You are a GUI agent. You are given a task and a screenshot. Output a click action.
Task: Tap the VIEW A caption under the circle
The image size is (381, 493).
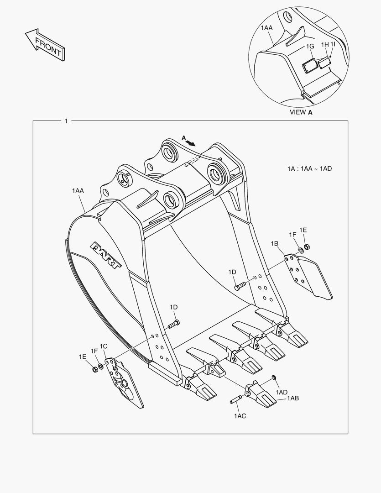tap(301, 112)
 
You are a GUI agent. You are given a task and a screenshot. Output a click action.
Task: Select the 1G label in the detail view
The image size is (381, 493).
tap(310, 47)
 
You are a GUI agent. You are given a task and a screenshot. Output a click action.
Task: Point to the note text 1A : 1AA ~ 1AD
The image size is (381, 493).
tap(309, 169)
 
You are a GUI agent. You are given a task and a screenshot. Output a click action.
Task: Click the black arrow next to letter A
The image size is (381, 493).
tap(191, 142)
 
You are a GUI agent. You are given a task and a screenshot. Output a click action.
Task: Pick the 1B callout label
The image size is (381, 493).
tap(274, 244)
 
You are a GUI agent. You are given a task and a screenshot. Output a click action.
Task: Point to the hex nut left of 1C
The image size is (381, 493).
tap(94, 367)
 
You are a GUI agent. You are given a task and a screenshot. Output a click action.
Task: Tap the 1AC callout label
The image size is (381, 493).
tap(240, 416)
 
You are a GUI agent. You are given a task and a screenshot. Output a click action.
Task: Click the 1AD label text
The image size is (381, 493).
tap(282, 392)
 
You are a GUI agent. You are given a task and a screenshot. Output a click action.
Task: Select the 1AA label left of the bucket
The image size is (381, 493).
tap(78, 191)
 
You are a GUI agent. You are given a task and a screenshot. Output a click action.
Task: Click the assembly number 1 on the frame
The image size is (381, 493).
tap(66, 121)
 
